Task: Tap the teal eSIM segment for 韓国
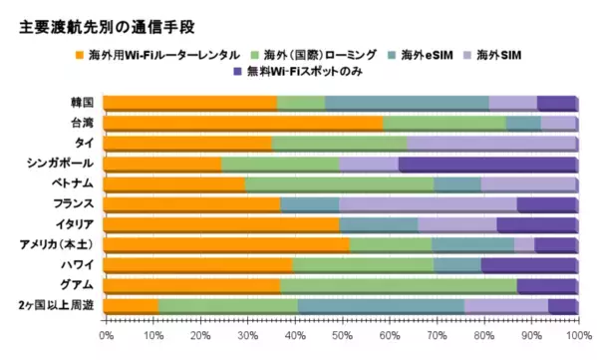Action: [x=406, y=103]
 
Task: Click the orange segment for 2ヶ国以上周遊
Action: [x=131, y=306]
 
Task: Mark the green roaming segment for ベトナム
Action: [x=339, y=184]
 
